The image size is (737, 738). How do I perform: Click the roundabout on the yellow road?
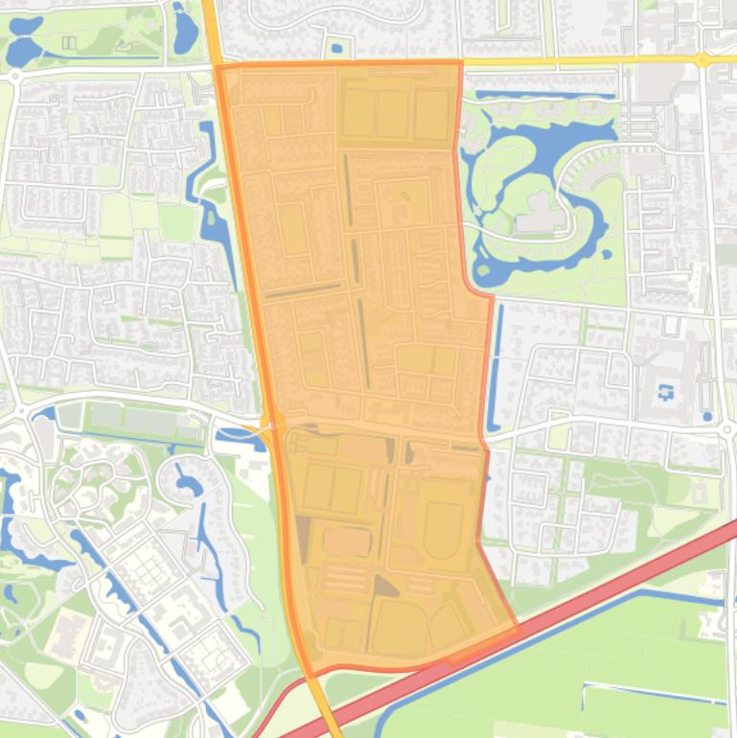click(x=702, y=59)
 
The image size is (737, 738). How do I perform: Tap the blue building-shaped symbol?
click(x=666, y=391)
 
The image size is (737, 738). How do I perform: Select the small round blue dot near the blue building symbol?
click(x=706, y=417)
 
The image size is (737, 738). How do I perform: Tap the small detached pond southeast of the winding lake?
click(x=607, y=254)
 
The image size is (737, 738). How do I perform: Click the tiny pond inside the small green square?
click(x=335, y=48)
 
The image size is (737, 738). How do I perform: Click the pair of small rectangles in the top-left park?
click(x=69, y=42)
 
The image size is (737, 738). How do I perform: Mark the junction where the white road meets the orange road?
click(x=271, y=426)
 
